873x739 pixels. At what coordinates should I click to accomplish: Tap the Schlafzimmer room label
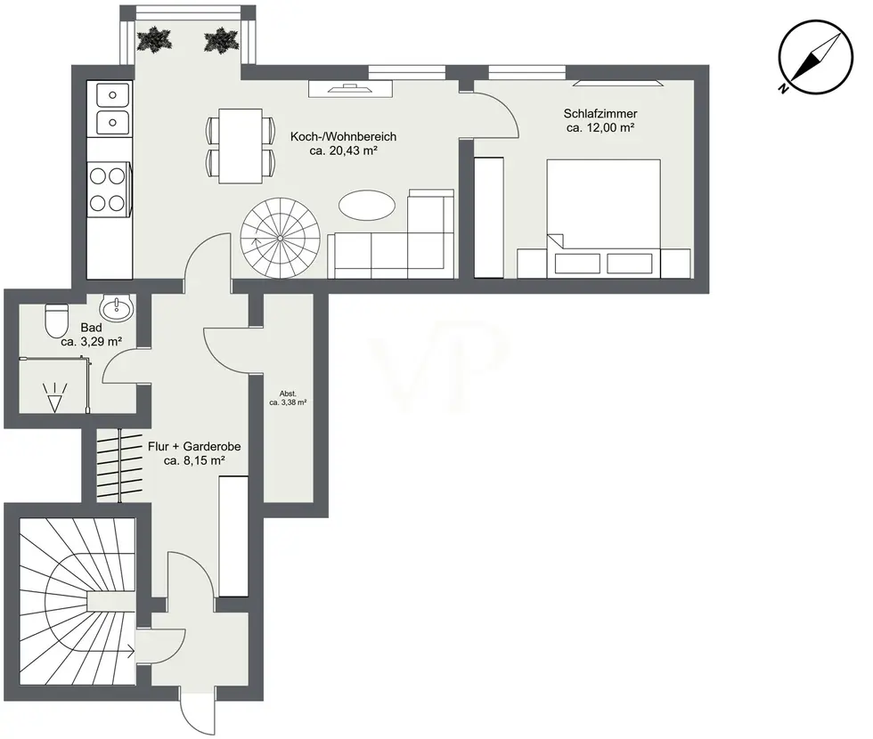click(x=600, y=120)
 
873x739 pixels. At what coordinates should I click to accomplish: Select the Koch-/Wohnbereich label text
click(x=344, y=143)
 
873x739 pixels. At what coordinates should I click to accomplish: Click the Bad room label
click(x=91, y=335)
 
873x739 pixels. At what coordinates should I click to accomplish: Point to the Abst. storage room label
click(x=288, y=398)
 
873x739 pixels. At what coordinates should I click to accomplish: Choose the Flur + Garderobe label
click(x=194, y=453)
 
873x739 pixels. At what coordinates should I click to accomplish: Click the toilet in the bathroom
click(x=56, y=320)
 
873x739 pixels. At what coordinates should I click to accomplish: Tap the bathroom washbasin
click(x=117, y=307)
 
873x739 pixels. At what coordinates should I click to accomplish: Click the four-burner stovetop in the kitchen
click(x=108, y=189)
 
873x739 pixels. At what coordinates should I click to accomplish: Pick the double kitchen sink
click(x=112, y=109)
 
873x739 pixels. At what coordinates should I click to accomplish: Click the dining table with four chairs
click(x=241, y=146)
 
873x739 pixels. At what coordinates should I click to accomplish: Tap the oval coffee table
click(x=367, y=206)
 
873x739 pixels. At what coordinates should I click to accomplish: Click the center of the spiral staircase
click(x=280, y=239)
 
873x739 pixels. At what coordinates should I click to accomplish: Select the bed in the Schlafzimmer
click(x=604, y=218)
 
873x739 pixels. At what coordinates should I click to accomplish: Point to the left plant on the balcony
click(x=154, y=40)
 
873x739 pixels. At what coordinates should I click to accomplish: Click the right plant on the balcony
click(x=222, y=40)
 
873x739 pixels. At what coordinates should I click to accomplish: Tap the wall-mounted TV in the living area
click(x=351, y=88)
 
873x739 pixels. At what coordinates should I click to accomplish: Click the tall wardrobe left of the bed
click(x=489, y=217)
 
